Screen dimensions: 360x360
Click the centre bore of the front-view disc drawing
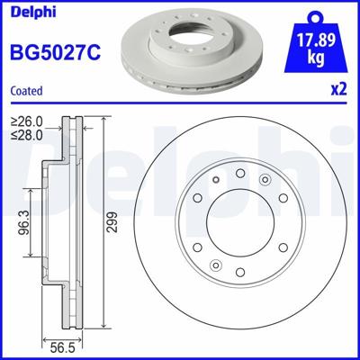pos(238,220)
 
